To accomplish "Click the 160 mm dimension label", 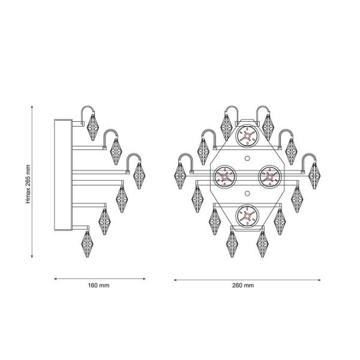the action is click(98, 286).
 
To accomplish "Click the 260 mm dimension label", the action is click(243, 286).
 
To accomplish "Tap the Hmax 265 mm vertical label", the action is click(28, 184).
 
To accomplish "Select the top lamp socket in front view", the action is click(247, 136).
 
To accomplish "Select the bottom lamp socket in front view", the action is click(247, 216).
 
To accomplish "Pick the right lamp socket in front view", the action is click(270, 177).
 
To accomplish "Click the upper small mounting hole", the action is click(247, 158).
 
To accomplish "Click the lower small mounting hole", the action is click(247, 194).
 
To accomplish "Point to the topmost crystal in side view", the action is click(93, 127).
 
